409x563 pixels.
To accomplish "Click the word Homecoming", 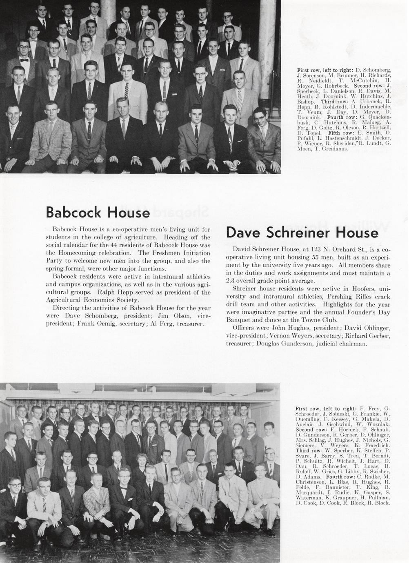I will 85,253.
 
